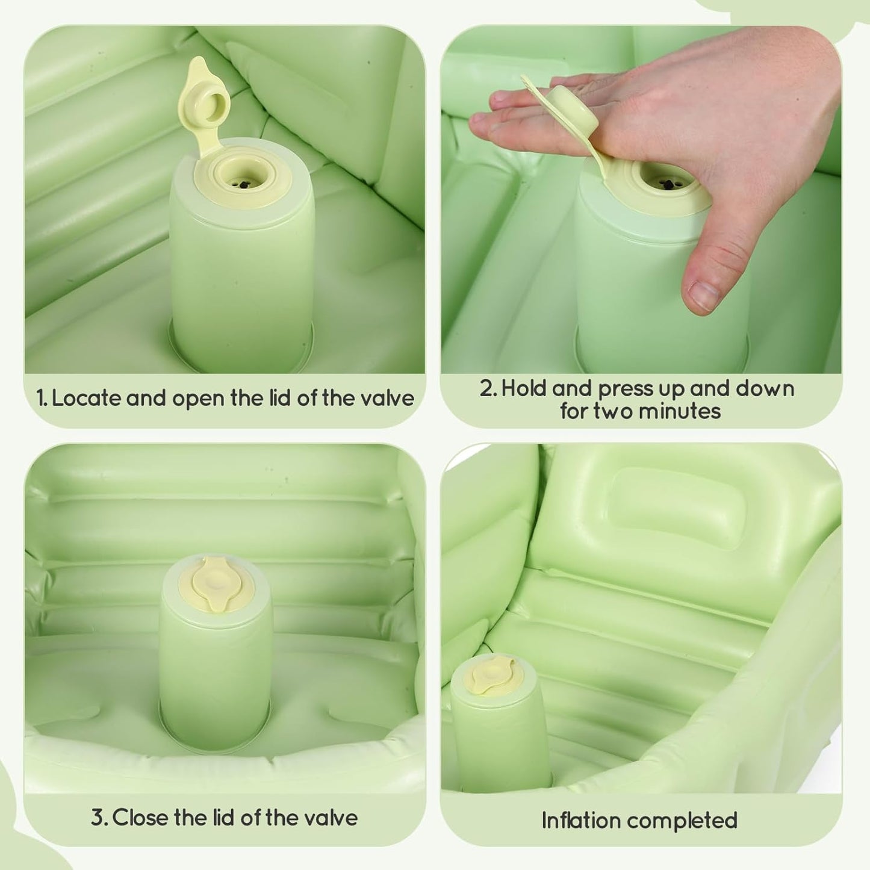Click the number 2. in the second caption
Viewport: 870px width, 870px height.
488,388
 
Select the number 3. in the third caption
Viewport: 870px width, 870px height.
99,818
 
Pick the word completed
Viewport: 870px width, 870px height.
689,821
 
